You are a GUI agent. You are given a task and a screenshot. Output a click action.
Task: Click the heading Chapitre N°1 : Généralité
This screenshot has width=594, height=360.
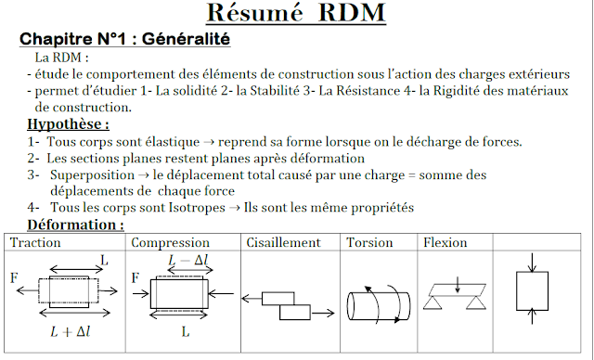coord(125,41)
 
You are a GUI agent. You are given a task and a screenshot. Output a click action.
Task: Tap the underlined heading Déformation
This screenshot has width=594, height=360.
coord(74,225)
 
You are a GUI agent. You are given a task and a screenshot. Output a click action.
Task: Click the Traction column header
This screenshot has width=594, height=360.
coord(34,243)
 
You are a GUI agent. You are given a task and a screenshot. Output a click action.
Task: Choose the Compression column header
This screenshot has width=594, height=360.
coord(171,243)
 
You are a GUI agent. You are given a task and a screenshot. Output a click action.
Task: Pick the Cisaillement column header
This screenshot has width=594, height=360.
coord(283,243)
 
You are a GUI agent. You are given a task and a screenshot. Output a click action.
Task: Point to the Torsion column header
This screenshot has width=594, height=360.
coord(370,243)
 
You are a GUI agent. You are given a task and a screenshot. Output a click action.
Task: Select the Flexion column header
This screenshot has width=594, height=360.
coord(445,243)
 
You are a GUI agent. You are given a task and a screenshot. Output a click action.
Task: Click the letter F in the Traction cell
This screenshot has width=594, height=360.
coord(14,277)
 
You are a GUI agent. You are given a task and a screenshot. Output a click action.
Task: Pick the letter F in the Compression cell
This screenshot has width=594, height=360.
coord(136,277)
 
